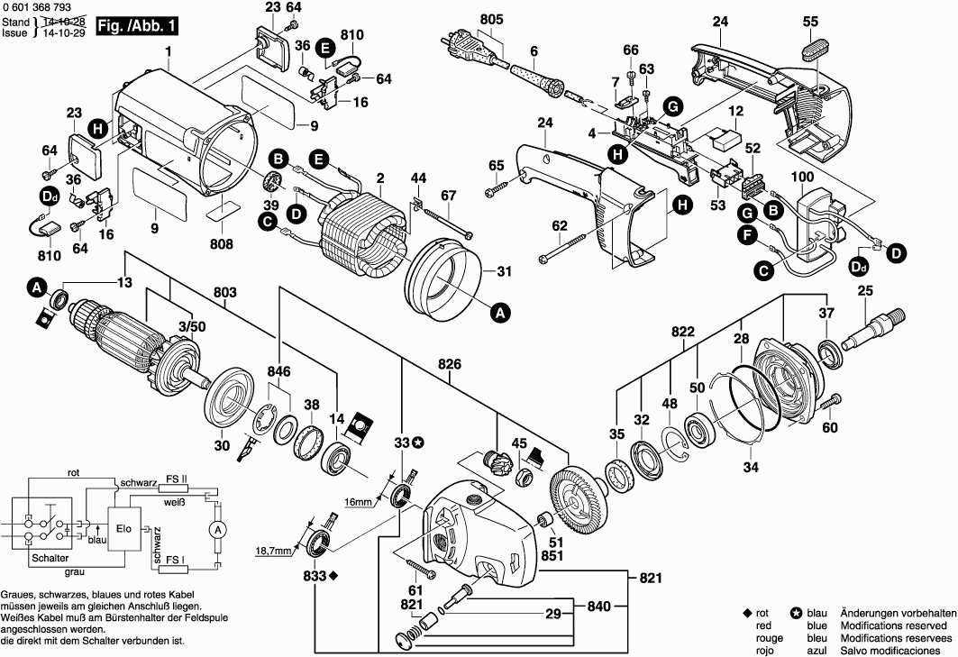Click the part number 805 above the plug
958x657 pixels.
492,19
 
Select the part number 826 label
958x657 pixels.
449,364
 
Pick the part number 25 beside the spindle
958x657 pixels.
865,290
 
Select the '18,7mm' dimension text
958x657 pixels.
274,550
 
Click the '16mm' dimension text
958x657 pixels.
357,500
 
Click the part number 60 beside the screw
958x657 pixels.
829,427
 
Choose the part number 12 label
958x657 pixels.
735,111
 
